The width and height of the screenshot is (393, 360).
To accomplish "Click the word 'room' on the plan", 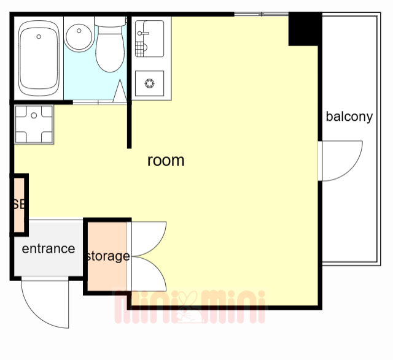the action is click(166, 161).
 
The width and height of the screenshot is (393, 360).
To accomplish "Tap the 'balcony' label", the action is click(349, 117).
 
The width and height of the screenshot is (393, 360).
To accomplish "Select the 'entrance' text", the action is click(49, 248).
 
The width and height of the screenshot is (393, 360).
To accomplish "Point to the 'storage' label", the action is click(108, 256).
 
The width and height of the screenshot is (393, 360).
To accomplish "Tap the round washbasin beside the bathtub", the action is click(79, 37).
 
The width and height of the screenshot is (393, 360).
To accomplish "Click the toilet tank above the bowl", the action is click(110, 21).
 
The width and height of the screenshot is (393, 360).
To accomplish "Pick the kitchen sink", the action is click(149, 39).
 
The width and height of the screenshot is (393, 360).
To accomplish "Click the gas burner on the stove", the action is click(150, 83).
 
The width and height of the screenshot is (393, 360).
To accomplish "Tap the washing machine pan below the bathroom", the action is click(34, 124).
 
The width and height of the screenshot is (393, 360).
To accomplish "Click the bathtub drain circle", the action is click(39, 37).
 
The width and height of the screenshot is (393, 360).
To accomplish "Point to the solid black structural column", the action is click(305, 29).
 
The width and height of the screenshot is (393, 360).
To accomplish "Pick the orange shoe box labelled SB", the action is click(19, 205).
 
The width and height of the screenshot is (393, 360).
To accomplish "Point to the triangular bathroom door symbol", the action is click(120, 91).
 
